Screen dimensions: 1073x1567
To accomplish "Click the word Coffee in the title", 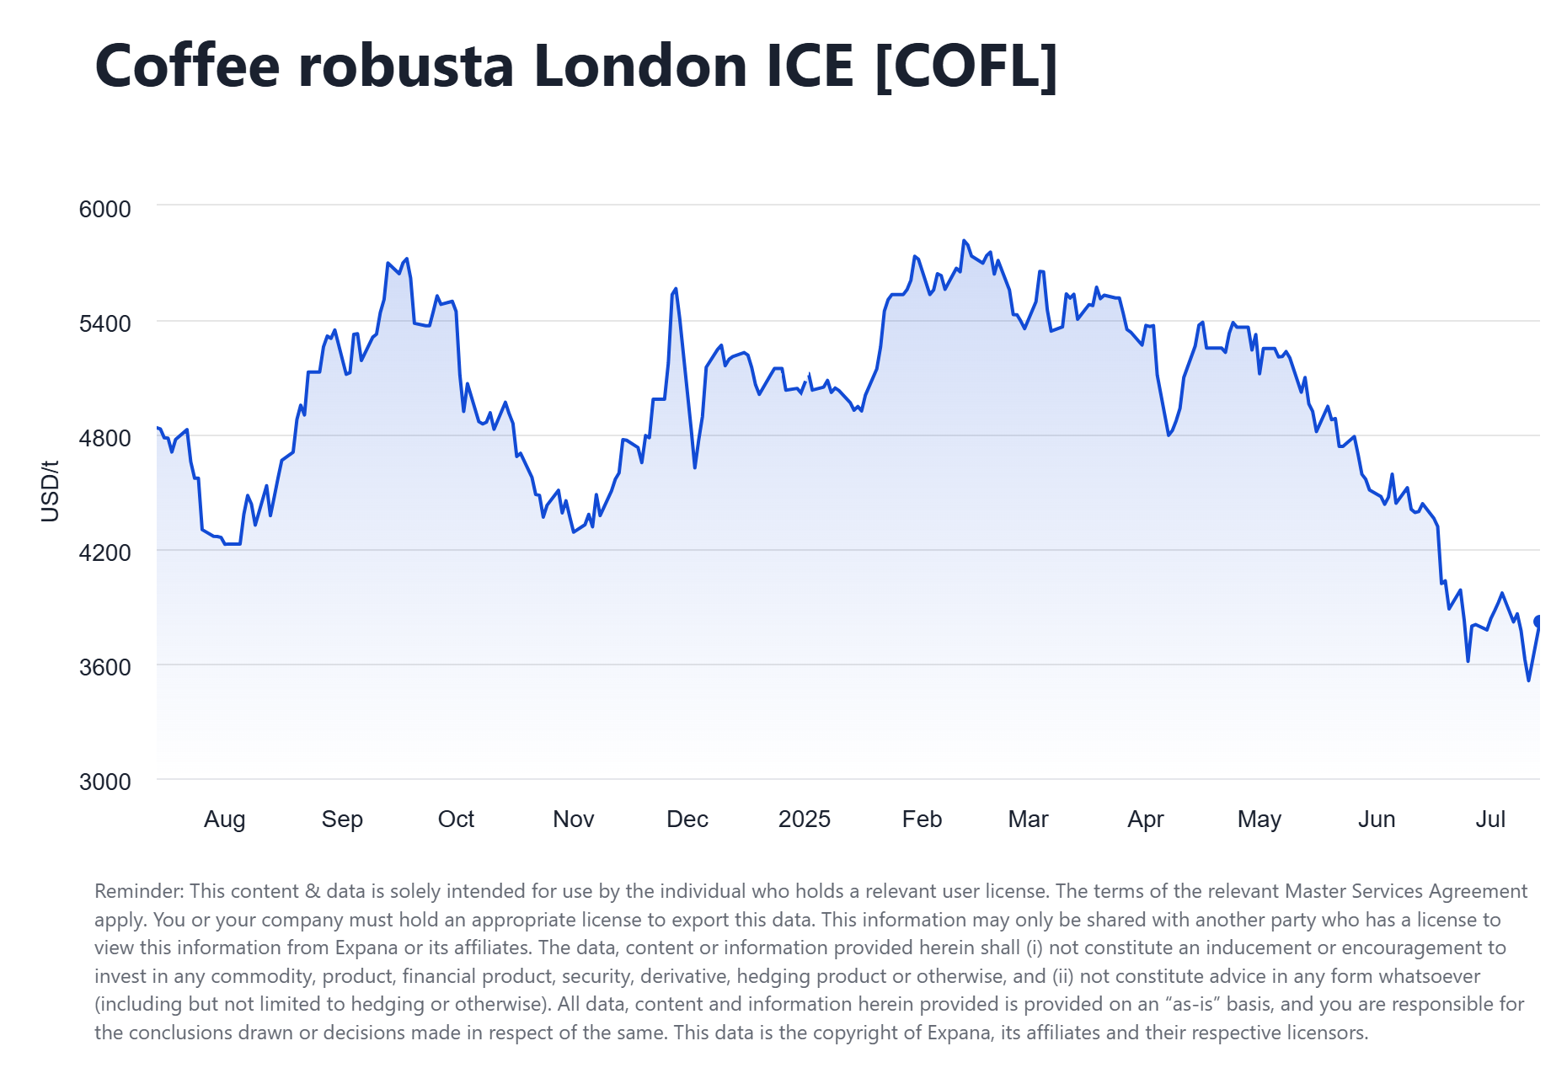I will (187, 66).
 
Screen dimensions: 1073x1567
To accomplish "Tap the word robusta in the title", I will (406, 66).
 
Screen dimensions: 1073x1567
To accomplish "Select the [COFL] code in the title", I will (966, 66).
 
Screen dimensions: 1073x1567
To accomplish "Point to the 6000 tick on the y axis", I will (105, 209).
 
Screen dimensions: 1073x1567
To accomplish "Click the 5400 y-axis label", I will (105, 323).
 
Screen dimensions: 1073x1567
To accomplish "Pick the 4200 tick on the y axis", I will (105, 553).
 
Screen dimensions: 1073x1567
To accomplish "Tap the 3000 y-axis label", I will (105, 782).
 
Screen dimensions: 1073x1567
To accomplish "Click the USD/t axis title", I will (51, 491).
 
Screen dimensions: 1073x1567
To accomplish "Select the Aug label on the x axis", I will (224, 819).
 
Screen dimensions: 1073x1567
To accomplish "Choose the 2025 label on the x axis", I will (804, 819).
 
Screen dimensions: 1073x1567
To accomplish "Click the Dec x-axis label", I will (687, 819).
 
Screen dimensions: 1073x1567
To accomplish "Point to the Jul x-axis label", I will (1489, 819).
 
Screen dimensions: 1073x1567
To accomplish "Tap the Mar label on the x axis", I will (1028, 819).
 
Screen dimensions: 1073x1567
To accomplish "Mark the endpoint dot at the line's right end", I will (1538, 622).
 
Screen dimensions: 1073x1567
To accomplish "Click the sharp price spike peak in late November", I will (676, 289).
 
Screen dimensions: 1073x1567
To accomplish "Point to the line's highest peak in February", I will (964, 241).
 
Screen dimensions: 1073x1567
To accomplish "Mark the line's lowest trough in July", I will (1528, 680).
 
